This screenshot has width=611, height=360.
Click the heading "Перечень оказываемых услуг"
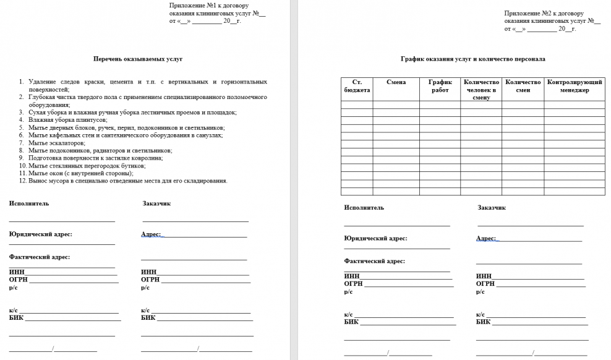tap(137, 59)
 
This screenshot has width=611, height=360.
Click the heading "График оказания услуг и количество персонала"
tap(472, 59)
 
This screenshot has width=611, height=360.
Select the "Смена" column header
tap(396, 82)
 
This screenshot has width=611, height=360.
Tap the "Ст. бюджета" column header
tap(356, 86)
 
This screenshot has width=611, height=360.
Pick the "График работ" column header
tap(440, 86)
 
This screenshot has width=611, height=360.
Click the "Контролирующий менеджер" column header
tap(575, 86)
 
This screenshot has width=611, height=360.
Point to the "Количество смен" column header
tap(523, 86)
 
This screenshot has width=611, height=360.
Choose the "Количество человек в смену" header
tap(481, 89)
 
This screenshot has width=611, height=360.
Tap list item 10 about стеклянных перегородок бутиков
tap(87, 166)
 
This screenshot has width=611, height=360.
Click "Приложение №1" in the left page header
tap(191, 5)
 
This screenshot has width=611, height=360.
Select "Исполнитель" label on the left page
tap(28, 203)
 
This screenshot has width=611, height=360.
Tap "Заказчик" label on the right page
tap(492, 207)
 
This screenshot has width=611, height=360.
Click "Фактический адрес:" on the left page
tap(40, 257)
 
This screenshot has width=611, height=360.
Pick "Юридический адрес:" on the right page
tap(375, 238)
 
